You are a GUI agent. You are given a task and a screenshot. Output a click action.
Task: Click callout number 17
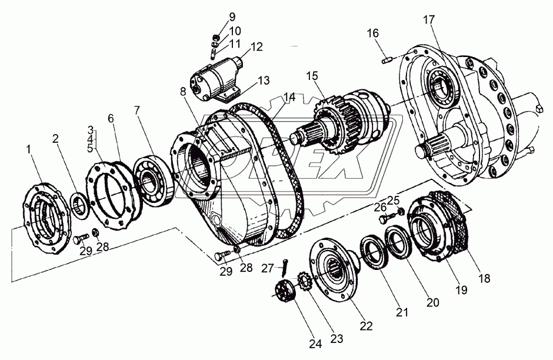point(428,19)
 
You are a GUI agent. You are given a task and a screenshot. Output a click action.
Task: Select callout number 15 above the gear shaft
point(311,76)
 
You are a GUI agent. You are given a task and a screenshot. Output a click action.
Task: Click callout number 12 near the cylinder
point(256,46)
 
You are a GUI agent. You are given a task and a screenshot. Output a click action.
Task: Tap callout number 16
point(373,35)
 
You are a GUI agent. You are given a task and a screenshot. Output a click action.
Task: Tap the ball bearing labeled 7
point(155,179)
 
